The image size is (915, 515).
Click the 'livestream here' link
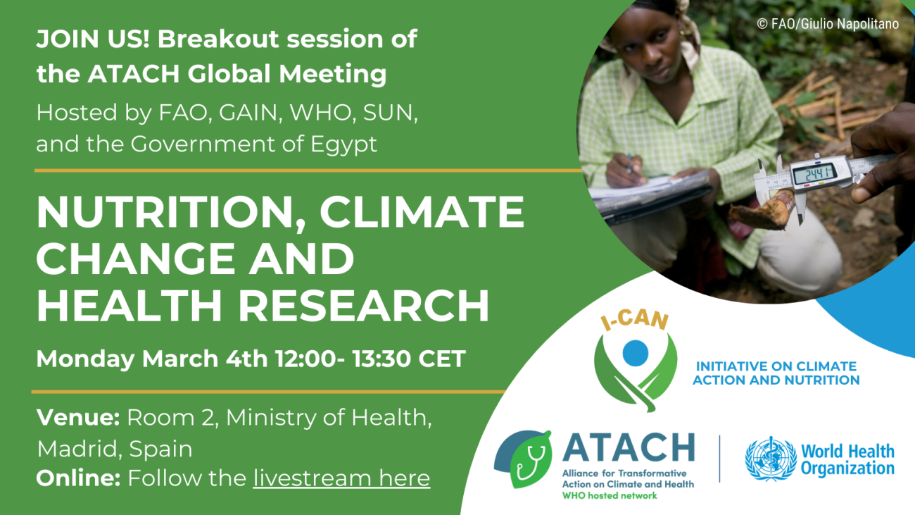pyautogui.click(x=341, y=478)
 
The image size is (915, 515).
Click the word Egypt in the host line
pyautogui.click(x=343, y=145)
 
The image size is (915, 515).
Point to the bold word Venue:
pyautogui.click(x=78, y=417)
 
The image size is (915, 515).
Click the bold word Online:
pyautogui.click(x=78, y=478)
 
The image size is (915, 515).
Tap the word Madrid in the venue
pyautogui.click(x=80, y=449)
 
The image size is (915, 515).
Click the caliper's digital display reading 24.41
pyautogui.click(x=814, y=175)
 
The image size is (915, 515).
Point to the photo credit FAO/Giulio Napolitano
pyautogui.click(x=828, y=24)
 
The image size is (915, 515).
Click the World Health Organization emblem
pyautogui.click(x=771, y=459)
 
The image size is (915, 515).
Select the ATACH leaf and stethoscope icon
pyautogui.click(x=523, y=459)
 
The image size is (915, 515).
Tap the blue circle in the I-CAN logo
pyautogui.click(x=635, y=353)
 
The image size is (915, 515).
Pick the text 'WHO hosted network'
pyautogui.click(x=610, y=496)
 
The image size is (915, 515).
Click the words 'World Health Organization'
pyautogui.click(x=847, y=460)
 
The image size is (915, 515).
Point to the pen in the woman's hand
pyautogui.click(x=631, y=163)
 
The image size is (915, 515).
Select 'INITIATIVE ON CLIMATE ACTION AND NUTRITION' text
pyautogui.click(x=776, y=373)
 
